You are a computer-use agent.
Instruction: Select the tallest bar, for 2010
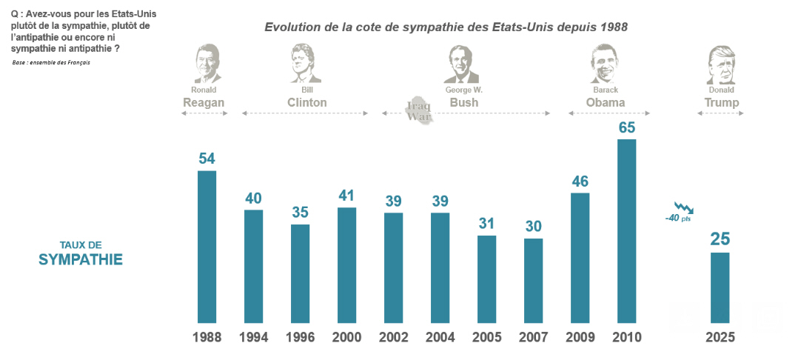click(627, 230)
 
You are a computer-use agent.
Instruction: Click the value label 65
click(627, 127)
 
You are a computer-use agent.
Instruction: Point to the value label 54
click(207, 159)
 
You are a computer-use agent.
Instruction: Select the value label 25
click(720, 239)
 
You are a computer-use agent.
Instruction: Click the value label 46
click(580, 181)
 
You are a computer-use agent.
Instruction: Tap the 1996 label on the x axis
click(300, 338)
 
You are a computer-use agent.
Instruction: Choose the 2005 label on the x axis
click(486, 338)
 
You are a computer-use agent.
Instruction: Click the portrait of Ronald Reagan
click(207, 64)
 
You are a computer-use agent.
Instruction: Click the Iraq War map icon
click(420, 112)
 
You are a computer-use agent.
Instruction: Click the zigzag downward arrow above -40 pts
click(683, 207)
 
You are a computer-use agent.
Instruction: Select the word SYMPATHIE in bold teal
click(81, 260)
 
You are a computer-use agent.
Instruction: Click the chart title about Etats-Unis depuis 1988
click(446, 27)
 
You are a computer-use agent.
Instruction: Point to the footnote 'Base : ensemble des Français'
click(51, 62)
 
